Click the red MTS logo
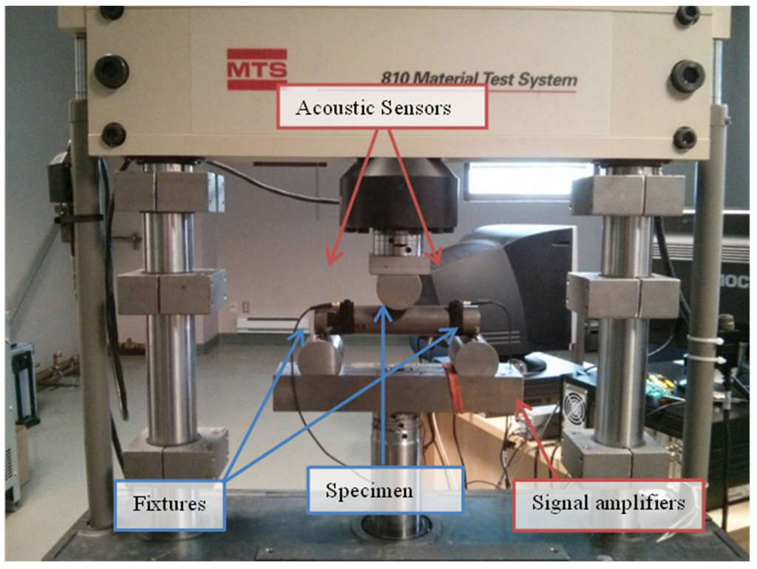[x=257, y=69]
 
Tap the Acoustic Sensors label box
[x=383, y=107]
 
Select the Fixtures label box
[x=169, y=505]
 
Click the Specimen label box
[x=384, y=490]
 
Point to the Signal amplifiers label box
[x=608, y=505]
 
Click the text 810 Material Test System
[x=478, y=78]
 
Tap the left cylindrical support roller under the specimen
[x=321, y=354]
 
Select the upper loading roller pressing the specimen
[x=398, y=289]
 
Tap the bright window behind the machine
[x=520, y=179]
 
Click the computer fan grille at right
[x=575, y=403]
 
